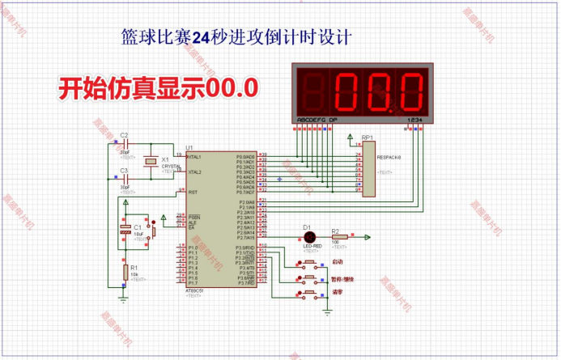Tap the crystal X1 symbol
(150, 162)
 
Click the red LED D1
(308, 237)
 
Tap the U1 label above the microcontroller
(189, 147)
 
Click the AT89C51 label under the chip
(195, 290)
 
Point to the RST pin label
(193, 193)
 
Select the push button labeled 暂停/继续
(309, 278)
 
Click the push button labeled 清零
(309, 293)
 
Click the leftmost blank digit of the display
(313, 94)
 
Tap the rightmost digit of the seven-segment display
(406, 94)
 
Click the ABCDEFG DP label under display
(319, 120)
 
